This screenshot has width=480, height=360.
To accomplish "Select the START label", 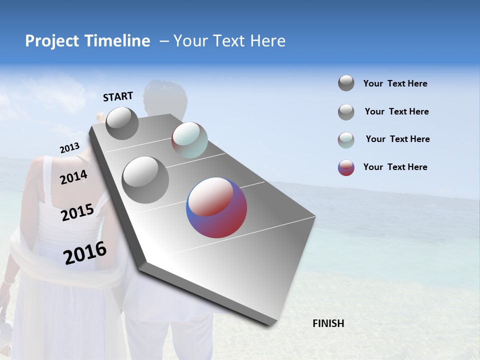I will click(x=118, y=96).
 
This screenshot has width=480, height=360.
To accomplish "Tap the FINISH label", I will click(x=328, y=323).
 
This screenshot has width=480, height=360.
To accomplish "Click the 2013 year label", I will click(x=69, y=148).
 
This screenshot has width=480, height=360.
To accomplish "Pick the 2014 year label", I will click(x=74, y=177).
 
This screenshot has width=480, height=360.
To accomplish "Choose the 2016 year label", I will click(x=85, y=252).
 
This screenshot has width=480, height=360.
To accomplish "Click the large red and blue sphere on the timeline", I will click(x=216, y=207).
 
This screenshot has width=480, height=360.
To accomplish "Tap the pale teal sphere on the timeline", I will click(x=189, y=139).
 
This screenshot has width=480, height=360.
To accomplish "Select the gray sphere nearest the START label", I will click(x=122, y=123).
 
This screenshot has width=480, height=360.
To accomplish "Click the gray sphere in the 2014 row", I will click(x=145, y=179).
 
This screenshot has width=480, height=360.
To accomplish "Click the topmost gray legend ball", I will click(x=346, y=83).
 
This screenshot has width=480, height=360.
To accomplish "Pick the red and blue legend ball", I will click(x=346, y=167).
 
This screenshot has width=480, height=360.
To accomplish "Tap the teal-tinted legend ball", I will click(x=346, y=140).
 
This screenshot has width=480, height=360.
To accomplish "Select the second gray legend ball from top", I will click(x=346, y=112).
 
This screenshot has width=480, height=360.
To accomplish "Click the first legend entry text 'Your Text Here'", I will click(x=395, y=83).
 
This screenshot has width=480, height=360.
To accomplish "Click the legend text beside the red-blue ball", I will click(x=395, y=167).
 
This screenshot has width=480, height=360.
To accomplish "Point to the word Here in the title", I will click(x=268, y=41).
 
